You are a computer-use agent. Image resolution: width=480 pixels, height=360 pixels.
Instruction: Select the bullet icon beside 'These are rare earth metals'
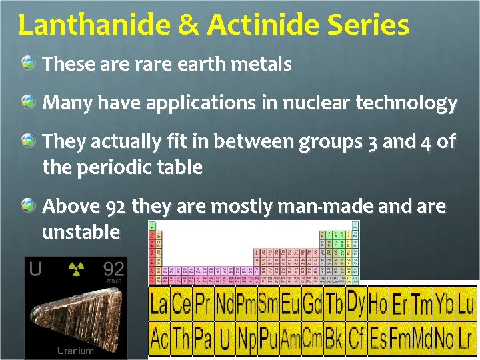tap(29, 64)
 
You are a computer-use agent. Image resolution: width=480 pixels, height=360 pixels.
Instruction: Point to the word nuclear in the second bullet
tap(316, 103)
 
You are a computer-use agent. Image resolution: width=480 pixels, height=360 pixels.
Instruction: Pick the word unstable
tap(81, 232)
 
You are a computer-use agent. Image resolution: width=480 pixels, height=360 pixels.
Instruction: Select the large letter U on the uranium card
tap(35, 269)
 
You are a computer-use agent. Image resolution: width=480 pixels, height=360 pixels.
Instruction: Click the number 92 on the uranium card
tap(113, 269)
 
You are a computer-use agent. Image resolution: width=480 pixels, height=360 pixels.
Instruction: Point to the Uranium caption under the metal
tap(75, 350)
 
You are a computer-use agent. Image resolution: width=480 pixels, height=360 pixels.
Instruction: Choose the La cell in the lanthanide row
tap(159, 305)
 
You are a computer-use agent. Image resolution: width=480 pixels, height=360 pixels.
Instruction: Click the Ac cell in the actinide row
tap(159, 338)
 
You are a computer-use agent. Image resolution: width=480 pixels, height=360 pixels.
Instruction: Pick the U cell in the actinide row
tap(225, 339)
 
